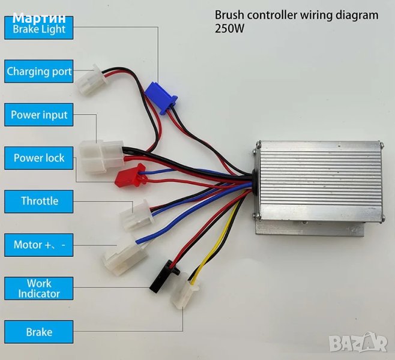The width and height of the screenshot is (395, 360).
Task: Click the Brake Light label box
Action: coord(39,28)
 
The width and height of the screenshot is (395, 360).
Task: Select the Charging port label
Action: coord(39,71)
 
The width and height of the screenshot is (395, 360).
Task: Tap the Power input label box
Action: coord(39,115)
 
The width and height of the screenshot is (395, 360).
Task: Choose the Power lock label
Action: coord(39,158)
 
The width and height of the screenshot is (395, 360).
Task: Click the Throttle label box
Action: coord(39,201)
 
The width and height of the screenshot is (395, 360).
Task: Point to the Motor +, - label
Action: coord(39,245)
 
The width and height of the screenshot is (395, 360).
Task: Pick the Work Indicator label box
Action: coord(39,289)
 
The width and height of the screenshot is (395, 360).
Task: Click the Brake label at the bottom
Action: coord(39,332)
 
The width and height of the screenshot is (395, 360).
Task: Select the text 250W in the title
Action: coord(228,28)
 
